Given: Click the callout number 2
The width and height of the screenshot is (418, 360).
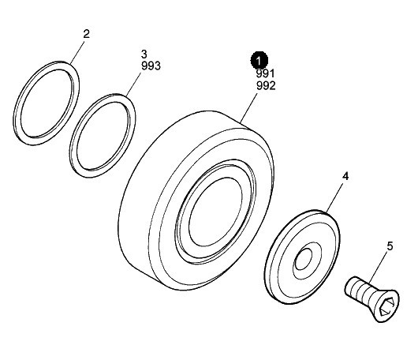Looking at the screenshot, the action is (87, 34).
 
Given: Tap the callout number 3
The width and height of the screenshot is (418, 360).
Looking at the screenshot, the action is (144, 54).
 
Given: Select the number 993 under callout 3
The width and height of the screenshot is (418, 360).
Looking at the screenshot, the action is (151, 66).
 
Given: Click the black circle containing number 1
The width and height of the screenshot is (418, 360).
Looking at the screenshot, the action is (259, 60).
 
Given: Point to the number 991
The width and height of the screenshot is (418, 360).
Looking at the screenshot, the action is (265, 73).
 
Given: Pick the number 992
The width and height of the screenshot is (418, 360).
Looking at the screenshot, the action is (266, 86).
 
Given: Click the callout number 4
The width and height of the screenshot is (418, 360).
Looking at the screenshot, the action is (345, 176).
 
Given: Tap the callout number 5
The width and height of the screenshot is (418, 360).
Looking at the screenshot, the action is (390, 246).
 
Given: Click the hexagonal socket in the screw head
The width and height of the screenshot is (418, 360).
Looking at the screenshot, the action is (387, 306).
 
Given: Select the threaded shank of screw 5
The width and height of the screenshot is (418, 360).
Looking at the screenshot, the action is (357, 289).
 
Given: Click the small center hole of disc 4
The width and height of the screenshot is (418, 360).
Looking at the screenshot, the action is (304, 259).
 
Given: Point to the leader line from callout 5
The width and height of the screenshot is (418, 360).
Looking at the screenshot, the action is (379, 267).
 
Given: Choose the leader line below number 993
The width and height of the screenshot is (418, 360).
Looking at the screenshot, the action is (133, 84).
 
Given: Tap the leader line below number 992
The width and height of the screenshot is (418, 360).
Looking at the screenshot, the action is (248, 107).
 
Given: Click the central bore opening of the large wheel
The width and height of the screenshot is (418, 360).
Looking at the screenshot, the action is (215, 212).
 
